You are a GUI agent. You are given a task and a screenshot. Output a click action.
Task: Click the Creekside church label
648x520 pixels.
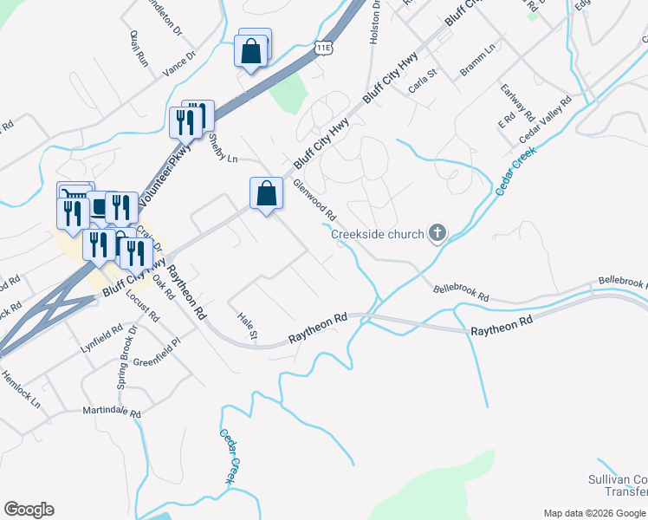pyautogui.click(x=378, y=234)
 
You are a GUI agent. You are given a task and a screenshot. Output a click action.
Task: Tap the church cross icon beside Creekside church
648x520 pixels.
pyautogui.click(x=437, y=233)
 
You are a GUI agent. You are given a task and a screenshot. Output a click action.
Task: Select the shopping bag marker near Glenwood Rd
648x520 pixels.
pyautogui.click(x=267, y=194)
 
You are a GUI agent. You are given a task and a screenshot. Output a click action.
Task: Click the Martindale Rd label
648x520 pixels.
pyautogui.click(x=111, y=411)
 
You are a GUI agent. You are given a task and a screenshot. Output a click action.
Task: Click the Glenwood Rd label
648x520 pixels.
pyautogui.click(x=314, y=199)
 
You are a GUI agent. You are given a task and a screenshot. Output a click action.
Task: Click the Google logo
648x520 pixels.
pyautogui.click(x=29, y=510)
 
